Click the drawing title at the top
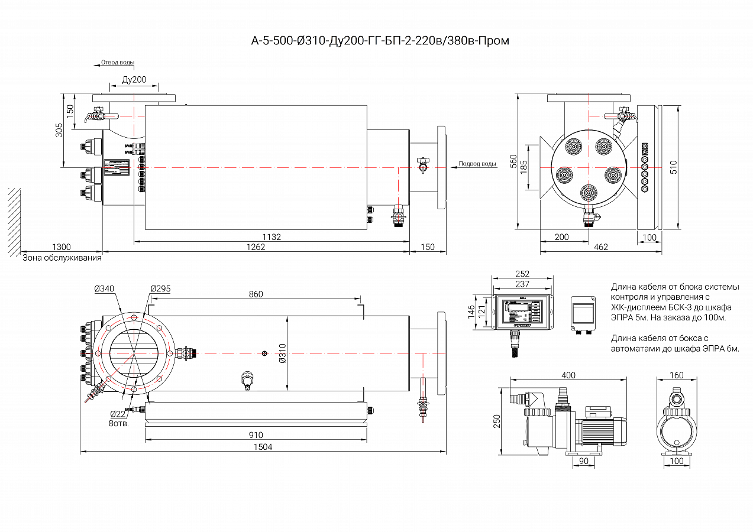click(x=380, y=41)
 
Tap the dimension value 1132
click(x=272, y=237)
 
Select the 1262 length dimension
click(x=256, y=247)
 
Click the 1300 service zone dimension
click(x=61, y=247)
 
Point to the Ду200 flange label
click(x=134, y=80)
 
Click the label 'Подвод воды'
click(x=477, y=164)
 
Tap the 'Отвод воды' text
click(x=118, y=62)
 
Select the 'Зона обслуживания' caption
click(x=62, y=258)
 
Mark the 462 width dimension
click(x=600, y=247)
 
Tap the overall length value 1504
click(x=263, y=447)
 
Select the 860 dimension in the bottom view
click(x=256, y=294)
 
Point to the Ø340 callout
click(x=104, y=288)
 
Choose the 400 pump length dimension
click(x=568, y=375)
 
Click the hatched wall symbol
click(x=14, y=221)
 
